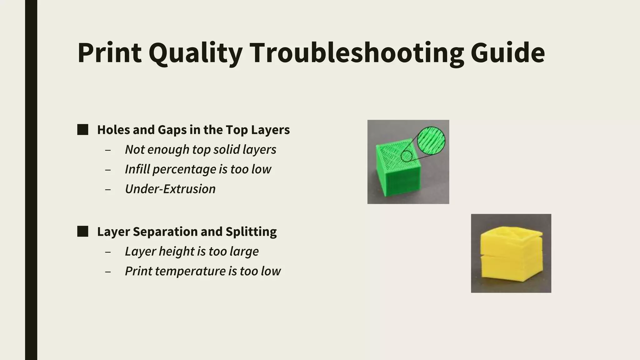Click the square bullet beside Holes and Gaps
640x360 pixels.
click(82, 130)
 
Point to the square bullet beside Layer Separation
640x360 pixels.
click(82, 232)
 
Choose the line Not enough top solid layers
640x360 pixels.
click(201, 150)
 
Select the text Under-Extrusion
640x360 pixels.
click(170, 189)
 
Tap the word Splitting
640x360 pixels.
click(251, 232)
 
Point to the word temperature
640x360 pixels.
click(190, 271)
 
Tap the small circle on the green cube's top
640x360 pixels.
click(407, 156)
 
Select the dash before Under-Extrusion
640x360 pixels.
click(108, 190)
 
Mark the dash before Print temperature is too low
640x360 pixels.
click(108, 272)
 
